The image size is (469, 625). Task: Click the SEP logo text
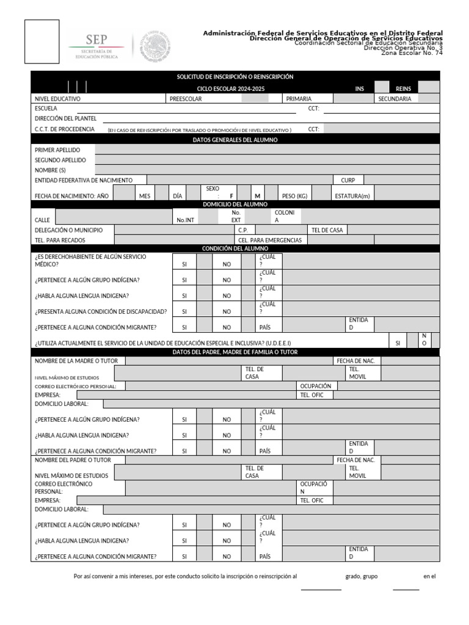(x=96, y=38)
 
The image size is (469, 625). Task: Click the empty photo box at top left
(x=42, y=42)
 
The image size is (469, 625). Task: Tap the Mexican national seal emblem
(x=155, y=47)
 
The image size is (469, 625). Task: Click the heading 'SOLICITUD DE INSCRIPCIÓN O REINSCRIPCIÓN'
(x=234, y=77)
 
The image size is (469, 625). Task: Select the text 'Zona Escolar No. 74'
(x=412, y=53)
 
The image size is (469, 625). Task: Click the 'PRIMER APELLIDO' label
(x=57, y=150)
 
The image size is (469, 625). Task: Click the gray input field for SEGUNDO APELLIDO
(x=267, y=160)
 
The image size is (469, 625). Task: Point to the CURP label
(x=348, y=180)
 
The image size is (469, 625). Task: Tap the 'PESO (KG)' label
(x=294, y=196)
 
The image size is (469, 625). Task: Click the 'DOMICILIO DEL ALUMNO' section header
(x=234, y=204)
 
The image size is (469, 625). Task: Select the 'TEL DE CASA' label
(x=327, y=230)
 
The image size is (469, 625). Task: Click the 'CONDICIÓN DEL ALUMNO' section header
(x=234, y=248)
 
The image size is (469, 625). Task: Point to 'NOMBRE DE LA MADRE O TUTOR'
(x=76, y=361)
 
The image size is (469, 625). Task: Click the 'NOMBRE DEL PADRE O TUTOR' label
(x=73, y=460)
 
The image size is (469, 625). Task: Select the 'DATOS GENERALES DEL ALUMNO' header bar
(x=234, y=140)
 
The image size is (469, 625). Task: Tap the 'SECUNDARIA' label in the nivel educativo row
(x=394, y=98)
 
